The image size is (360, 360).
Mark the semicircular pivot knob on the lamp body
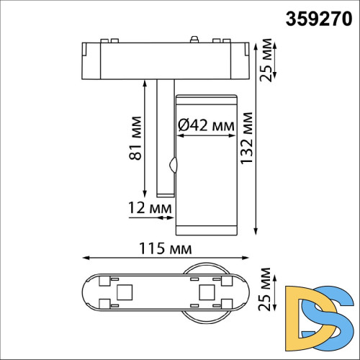pos(172,165)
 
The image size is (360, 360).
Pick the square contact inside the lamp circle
pos(207,292)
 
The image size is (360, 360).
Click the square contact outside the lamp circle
pos(122,292)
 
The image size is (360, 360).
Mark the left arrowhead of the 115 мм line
pos(85,257)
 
